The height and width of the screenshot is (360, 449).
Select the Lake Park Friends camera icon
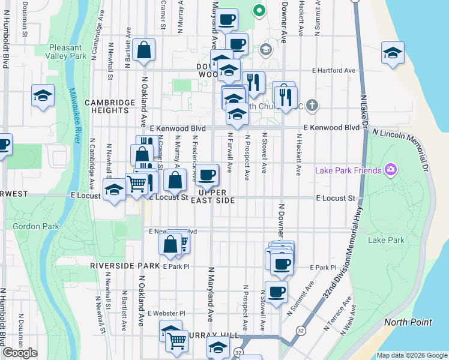coord(391,170)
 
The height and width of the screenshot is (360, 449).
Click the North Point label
coord(408,322)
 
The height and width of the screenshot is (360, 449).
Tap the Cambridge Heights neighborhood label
coord(109,106)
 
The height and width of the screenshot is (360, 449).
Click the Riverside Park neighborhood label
coord(125,265)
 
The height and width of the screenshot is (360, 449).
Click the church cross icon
coord(310,106)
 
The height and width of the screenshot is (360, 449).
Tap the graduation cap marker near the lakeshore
coord(392,53)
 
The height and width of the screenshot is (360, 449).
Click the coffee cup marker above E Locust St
coord(208,175)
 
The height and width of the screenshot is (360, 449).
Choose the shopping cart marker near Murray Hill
coord(176,340)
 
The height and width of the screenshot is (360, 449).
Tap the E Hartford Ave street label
coord(334,70)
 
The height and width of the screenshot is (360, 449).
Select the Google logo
coord(20,353)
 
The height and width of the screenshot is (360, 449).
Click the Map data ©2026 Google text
coord(411,355)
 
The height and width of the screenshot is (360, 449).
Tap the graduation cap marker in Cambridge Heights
coord(43,96)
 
